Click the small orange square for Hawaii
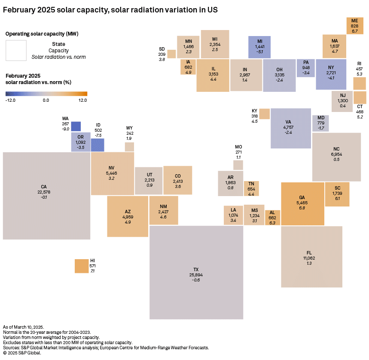click(81, 266)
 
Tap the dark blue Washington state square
click(76, 126)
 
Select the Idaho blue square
click(98, 145)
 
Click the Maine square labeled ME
click(354, 26)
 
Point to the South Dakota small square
click(171, 54)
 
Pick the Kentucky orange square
click(264, 114)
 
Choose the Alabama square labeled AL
click(272, 218)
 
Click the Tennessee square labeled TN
click(251, 189)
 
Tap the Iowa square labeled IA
click(188, 67)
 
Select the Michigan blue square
click(259, 47)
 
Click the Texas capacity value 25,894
click(196, 275)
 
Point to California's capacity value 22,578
click(44, 192)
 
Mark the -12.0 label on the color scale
click(11, 100)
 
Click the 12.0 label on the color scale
click(82, 100)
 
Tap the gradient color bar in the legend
click(46, 94)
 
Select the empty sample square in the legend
click(16, 51)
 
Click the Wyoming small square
click(129, 147)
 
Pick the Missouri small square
click(238, 165)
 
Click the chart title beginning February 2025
click(110, 9)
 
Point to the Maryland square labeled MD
click(320, 123)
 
